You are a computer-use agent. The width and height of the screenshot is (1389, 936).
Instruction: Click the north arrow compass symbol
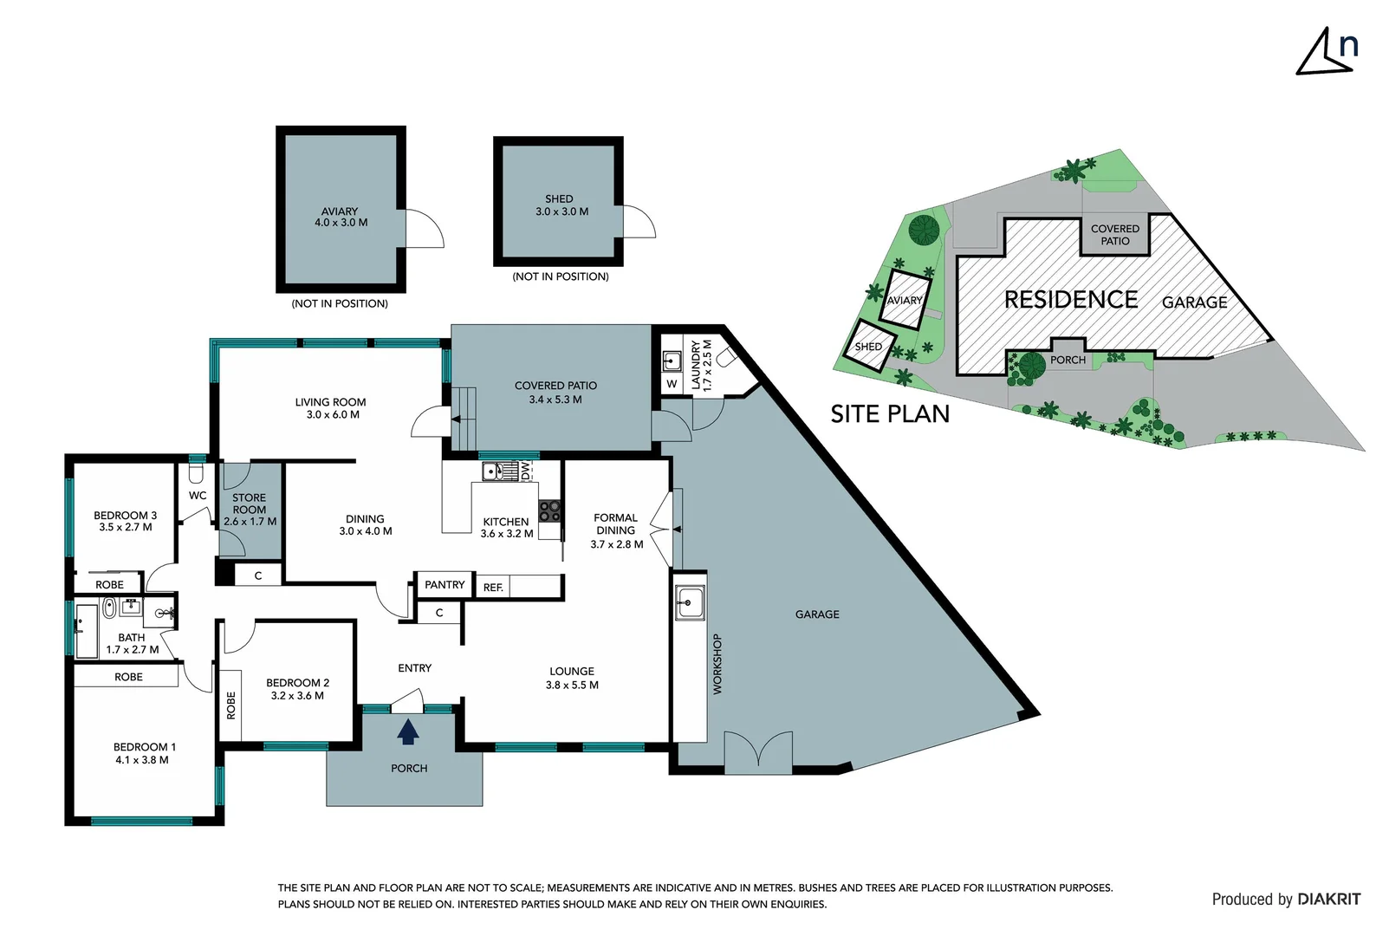pos(1326,52)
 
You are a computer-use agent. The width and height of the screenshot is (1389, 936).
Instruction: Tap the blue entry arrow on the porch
pos(408,733)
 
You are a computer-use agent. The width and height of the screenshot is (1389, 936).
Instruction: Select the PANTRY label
pos(445,585)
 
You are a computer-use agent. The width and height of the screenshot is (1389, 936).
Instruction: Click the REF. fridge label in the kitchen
pos(493,588)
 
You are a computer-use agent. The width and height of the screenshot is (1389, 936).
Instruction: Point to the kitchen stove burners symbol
pos(549,510)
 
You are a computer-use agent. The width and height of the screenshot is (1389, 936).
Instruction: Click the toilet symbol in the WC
pos(196,473)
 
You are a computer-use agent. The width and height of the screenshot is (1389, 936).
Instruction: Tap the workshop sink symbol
pos(691,601)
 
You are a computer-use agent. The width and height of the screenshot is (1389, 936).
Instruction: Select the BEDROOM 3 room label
pos(126,521)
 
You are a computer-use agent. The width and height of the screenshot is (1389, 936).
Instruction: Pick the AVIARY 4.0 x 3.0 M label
pos(341,217)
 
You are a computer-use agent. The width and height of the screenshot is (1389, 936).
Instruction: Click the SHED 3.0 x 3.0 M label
pos(561,205)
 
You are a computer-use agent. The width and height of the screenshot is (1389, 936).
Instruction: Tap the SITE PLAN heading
pos(890,414)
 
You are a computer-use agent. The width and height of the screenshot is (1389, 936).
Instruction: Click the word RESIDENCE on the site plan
pos(1071,300)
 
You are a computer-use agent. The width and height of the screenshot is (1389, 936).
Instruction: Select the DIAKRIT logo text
pos(1328,900)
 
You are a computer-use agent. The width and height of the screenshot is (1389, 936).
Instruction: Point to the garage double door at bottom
pos(758,751)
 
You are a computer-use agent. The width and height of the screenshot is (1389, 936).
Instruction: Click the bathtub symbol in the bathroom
pos(86,630)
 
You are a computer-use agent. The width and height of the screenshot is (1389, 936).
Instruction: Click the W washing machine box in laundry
pos(672,383)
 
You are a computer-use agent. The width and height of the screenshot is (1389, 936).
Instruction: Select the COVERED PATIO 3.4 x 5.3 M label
pos(555,393)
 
